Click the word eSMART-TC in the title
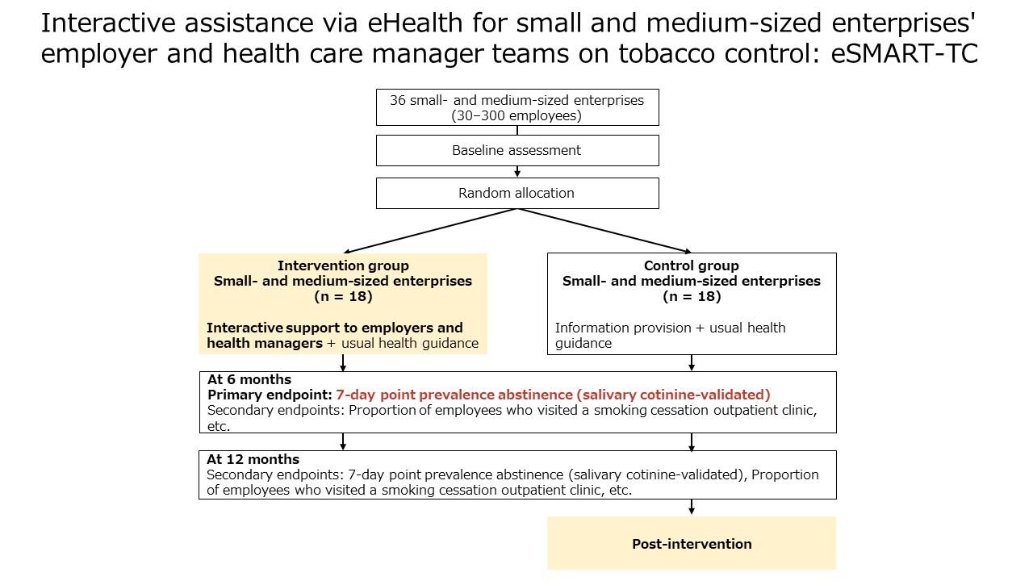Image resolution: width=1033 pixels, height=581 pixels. (905, 53)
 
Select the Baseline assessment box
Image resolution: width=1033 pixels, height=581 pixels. (517, 150)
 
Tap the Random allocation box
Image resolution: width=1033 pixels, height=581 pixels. (517, 193)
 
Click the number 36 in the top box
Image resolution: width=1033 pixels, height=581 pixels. (398, 100)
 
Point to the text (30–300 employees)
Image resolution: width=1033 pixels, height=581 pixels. (516, 115)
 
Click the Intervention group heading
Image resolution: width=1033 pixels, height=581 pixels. (343, 265)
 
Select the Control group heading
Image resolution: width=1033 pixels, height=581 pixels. (692, 265)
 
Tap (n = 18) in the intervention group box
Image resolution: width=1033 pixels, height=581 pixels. (343, 296)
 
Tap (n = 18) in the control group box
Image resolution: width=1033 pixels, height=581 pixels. (692, 296)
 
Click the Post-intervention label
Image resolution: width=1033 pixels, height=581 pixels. (692, 544)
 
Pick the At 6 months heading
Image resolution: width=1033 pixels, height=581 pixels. (249, 379)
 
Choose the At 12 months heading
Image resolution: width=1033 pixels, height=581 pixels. (253, 459)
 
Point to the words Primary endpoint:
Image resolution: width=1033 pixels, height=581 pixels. (270, 395)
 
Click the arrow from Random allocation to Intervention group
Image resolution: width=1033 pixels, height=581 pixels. (430, 231)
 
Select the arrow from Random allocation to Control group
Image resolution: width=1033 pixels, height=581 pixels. (604, 231)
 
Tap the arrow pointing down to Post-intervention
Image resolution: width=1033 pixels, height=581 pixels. (692, 507)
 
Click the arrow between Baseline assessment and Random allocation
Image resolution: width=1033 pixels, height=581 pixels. (517, 172)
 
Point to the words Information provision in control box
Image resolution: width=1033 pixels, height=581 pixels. (623, 328)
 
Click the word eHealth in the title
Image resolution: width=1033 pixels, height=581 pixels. (415, 23)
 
